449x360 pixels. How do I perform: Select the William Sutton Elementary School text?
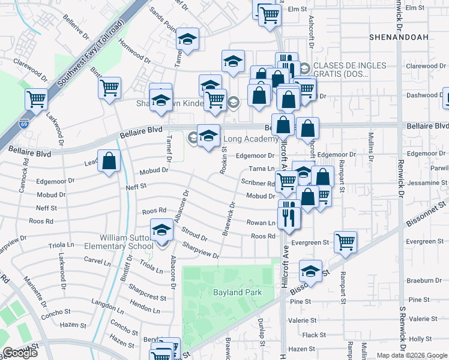click(126, 242)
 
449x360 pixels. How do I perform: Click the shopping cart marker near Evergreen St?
click(346, 242)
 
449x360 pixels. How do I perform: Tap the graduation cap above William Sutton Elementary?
click(161, 230)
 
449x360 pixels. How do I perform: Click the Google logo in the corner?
click(20, 353)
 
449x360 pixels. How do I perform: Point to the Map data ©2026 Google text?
click(412, 355)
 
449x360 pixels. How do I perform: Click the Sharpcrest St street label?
click(146, 296)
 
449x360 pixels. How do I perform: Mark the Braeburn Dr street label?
click(424, 280)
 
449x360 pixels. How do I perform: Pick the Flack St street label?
click(314, 335)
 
